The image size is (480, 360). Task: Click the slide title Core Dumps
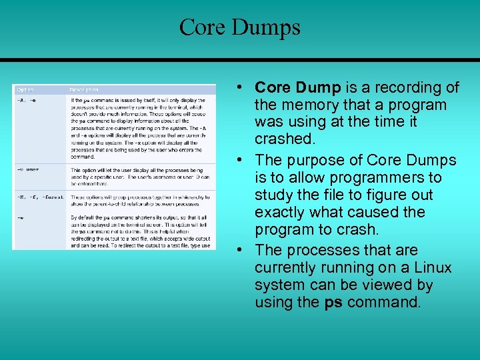coord(240,27)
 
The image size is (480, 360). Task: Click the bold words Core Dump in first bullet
coord(298,88)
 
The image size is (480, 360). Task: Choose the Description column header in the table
coord(84,89)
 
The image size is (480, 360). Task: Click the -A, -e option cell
coord(27,101)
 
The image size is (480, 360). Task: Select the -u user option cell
coord(28,169)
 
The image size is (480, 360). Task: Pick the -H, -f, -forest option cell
coord(38,197)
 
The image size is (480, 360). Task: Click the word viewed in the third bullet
coord(382,285)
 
